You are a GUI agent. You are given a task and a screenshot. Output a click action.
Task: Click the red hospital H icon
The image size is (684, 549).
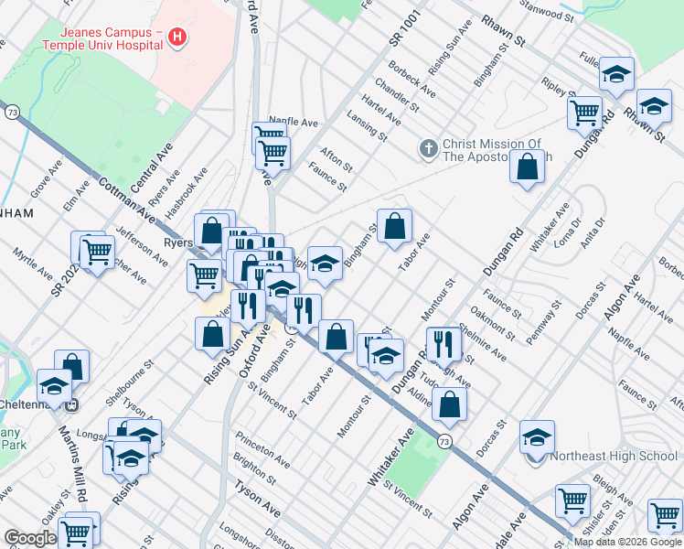pyautogui.click(x=178, y=37)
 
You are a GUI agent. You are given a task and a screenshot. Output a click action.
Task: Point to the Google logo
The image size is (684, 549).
pyautogui.click(x=30, y=538)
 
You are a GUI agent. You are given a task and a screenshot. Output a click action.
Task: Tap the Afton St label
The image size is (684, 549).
pyautogui.click(x=336, y=158)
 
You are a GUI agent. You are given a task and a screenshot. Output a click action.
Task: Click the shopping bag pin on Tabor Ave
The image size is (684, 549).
pyautogui.click(x=394, y=226)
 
